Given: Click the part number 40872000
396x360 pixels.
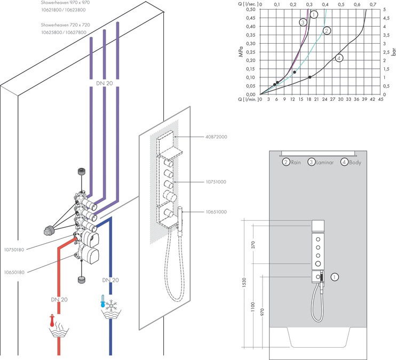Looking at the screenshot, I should pos(216,137).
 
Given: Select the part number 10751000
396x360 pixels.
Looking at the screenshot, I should pos(216,182).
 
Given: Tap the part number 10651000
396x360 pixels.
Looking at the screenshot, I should pos(216,212).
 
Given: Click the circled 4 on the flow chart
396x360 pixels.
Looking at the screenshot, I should pos(339,58).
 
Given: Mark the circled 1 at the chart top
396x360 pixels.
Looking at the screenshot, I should pos(314,14).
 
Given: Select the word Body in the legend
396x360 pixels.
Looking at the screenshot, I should pos(355,162).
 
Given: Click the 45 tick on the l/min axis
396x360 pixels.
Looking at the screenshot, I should pos(381,100).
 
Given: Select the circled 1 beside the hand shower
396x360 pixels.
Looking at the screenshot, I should pos(335,277).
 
